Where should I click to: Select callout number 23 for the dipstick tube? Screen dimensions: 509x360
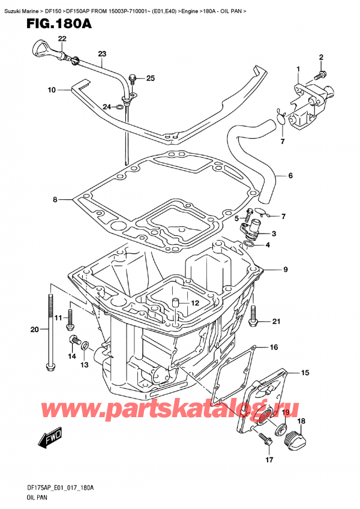(101, 54)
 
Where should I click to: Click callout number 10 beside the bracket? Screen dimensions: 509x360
(52, 90)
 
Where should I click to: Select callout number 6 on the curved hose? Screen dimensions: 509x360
(290, 176)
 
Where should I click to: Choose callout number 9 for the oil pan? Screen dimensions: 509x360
(286, 270)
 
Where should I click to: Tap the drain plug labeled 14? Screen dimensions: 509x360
(74, 342)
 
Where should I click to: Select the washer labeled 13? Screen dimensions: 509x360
(85, 346)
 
